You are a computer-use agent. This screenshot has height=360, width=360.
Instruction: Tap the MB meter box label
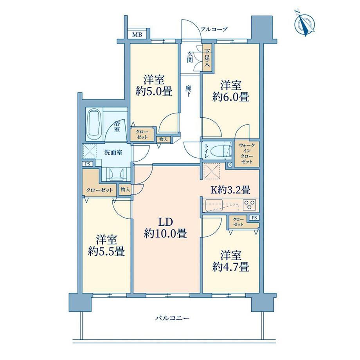click(137, 35)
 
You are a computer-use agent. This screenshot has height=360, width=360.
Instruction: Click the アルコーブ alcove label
click(214, 29)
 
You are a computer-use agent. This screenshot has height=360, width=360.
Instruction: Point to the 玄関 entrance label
click(190, 57)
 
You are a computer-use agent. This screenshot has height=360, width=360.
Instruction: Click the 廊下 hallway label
click(188, 91)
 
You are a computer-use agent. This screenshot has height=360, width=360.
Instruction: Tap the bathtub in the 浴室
click(94, 124)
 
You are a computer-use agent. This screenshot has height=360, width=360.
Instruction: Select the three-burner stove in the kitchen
click(250, 205)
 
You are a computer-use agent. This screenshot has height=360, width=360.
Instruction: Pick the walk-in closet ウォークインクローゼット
click(247, 154)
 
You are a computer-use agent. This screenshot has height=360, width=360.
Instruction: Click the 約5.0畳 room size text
click(154, 92)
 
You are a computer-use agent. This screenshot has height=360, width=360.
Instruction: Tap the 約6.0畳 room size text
click(230, 97)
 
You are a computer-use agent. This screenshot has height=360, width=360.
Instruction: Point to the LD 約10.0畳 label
click(165, 228)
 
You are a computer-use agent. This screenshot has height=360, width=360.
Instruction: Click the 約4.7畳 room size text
click(230, 267)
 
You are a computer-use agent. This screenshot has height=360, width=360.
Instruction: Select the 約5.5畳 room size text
click(106, 252)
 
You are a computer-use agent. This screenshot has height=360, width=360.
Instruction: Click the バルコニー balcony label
click(172, 318)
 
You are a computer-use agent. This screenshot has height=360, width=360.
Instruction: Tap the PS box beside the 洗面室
click(87, 164)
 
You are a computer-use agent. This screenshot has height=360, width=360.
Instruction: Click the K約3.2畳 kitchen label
click(230, 190)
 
